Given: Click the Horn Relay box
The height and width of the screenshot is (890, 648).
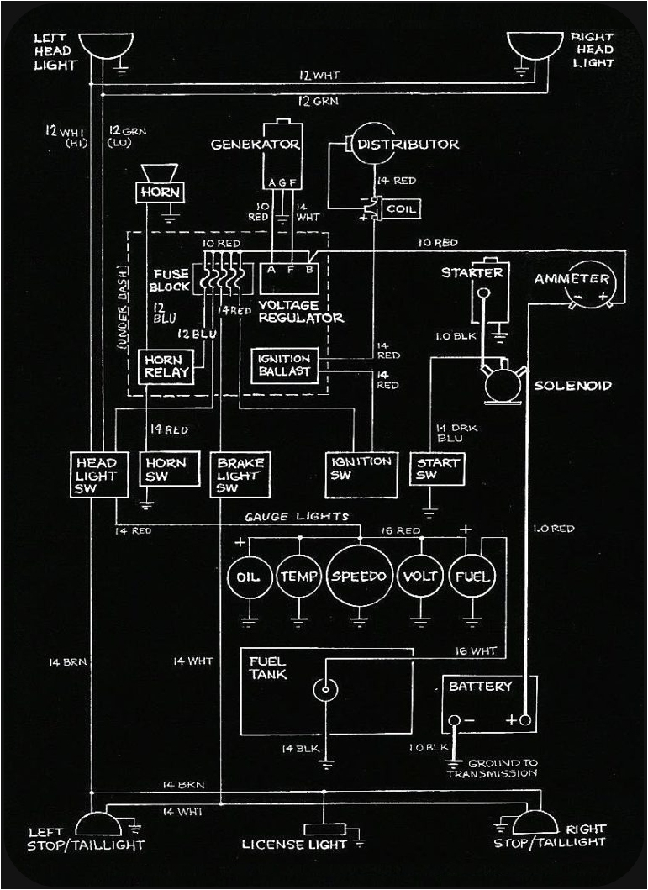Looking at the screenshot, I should pos(165,366).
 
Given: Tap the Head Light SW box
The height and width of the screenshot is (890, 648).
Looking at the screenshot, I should pos(96,476).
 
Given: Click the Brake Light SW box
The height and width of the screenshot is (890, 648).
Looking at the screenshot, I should pos(240,476).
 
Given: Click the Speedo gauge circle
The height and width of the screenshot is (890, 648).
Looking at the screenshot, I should pos(359,577).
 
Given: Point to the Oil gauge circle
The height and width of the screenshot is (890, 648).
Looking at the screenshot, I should pos(249,577).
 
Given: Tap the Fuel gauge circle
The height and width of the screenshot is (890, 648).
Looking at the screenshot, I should pos(473,577).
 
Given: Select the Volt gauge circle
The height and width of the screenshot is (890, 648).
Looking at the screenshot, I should pos(419,577).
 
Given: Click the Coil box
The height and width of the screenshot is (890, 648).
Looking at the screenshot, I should pos(398,208).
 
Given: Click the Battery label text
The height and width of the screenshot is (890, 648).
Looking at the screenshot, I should pos(480,687).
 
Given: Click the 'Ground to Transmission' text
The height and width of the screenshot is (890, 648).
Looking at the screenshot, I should pos(503,767).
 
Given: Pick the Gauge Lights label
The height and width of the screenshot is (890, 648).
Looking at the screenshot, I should pos(297,516).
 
